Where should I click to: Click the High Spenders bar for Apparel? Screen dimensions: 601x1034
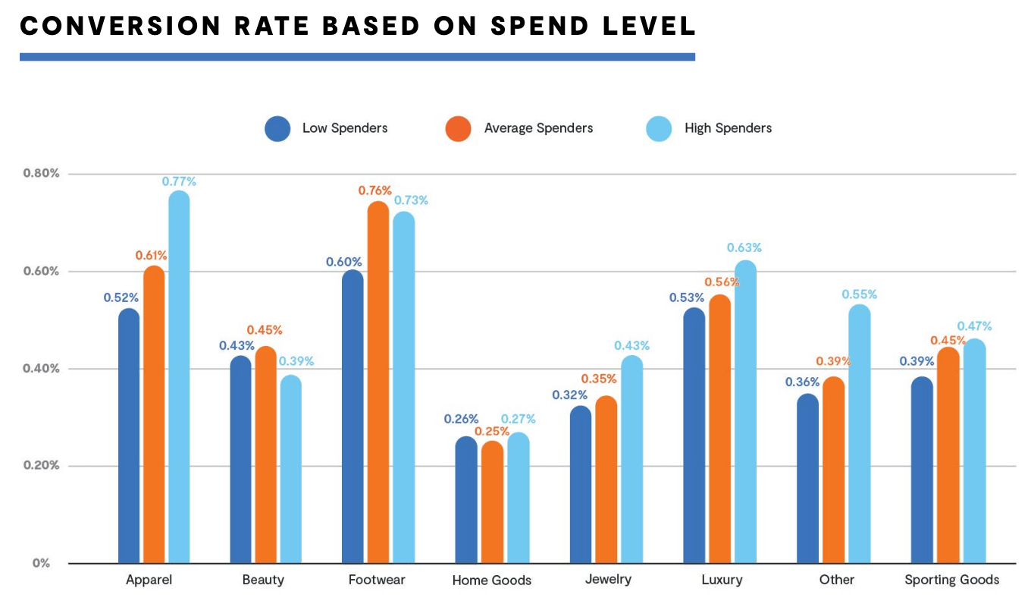(x=179, y=379)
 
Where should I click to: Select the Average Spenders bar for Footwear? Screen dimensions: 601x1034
(x=378, y=383)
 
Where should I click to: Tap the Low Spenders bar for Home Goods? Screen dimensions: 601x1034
(x=466, y=501)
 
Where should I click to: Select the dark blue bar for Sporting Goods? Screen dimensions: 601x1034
(x=923, y=470)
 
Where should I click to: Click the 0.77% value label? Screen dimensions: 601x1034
(x=179, y=181)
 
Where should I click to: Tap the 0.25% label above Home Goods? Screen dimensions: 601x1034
(x=492, y=432)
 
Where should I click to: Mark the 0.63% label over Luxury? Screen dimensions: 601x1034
(x=744, y=247)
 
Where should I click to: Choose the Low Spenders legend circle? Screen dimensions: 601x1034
(x=277, y=128)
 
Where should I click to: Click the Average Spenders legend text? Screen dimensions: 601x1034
(x=538, y=128)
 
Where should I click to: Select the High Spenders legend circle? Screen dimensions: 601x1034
(x=659, y=128)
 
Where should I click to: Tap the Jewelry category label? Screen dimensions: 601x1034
(x=608, y=580)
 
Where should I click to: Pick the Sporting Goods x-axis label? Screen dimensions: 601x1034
(x=951, y=580)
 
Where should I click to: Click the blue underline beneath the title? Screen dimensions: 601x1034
(x=357, y=57)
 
